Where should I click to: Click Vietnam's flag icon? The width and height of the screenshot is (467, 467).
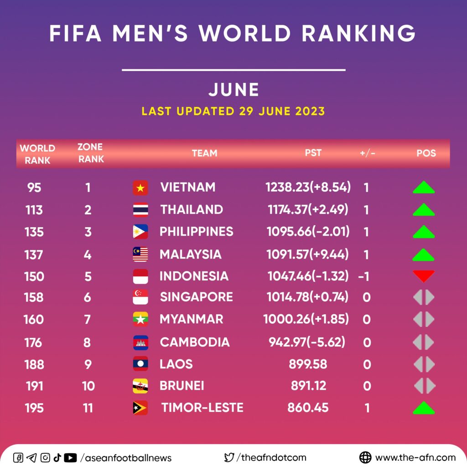tap(140, 187)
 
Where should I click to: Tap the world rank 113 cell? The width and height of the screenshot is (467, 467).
tap(34, 210)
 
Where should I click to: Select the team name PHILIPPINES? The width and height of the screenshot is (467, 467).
tap(196, 232)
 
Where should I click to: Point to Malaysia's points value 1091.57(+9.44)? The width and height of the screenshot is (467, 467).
tap(307, 254)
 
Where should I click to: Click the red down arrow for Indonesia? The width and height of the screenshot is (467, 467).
tap(424, 276)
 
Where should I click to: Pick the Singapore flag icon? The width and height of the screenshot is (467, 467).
tap(140, 297)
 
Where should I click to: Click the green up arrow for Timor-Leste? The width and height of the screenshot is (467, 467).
tap(424, 408)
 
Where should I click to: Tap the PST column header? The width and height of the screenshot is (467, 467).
tap(313, 153)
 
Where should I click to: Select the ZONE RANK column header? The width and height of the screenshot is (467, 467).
tap(91, 153)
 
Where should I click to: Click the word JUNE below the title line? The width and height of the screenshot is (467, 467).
tap(234, 89)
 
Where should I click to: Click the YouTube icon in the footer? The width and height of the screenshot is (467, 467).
tap(70, 457)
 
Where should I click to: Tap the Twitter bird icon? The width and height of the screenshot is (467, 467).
tap(229, 457)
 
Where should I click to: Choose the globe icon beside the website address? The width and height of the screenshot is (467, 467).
tap(365, 457)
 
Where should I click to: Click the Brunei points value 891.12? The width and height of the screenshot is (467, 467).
tap(309, 386)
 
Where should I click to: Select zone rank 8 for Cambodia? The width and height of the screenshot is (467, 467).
tap(87, 342)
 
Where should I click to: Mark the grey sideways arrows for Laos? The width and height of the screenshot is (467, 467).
tap(424, 364)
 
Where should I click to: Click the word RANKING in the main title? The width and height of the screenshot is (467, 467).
tap(358, 33)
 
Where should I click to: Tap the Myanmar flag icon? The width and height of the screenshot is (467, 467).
tap(140, 319)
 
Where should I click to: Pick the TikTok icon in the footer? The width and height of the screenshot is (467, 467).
tap(57, 457)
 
